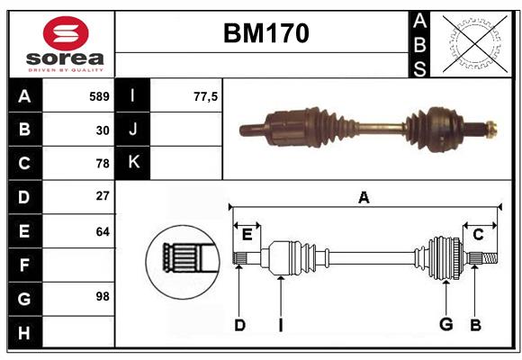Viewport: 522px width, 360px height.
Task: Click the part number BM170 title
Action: pos(265,34)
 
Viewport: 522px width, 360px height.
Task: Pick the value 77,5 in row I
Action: pos(205,96)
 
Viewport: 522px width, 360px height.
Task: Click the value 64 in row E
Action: pos(102,230)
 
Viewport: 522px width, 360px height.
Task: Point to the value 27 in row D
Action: pos(102,196)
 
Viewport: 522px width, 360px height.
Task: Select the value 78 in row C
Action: pos(102,164)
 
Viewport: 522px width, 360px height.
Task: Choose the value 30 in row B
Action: pos(102,130)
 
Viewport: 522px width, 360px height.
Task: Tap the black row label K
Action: pos(133,163)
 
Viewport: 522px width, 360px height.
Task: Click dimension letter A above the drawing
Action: pos(364,197)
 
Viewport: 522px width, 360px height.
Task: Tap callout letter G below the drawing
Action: pos(445,325)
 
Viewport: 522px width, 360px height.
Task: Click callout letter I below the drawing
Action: pos(280,325)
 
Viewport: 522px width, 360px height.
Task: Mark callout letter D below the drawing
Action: pos(239,325)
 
